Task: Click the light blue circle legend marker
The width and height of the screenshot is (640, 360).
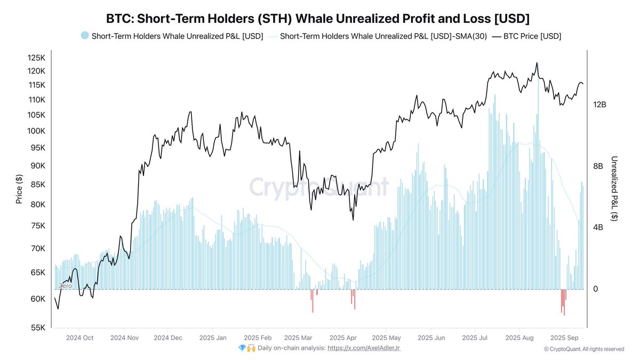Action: click(x=84, y=36)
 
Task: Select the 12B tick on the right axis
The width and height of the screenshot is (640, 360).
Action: click(x=599, y=105)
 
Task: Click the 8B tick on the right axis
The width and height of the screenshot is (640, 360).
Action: click(x=597, y=166)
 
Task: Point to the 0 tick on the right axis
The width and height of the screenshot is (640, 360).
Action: click(x=596, y=289)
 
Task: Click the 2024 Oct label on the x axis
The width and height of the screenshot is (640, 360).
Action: click(x=79, y=338)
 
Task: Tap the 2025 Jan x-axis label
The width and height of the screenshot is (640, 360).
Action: click(x=212, y=338)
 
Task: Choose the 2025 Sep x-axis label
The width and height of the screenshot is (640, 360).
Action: click(x=564, y=338)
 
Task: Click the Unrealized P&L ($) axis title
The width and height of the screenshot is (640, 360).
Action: click(x=614, y=188)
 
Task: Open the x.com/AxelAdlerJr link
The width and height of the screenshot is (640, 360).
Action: click(x=364, y=348)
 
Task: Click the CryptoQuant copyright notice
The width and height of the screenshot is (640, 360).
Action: click(x=583, y=349)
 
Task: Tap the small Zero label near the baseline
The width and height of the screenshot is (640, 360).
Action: click(x=65, y=286)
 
